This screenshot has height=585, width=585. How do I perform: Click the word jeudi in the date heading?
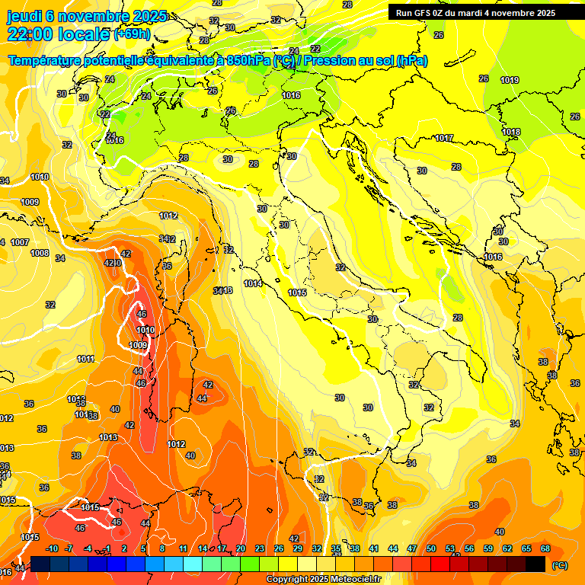click(x=26, y=16)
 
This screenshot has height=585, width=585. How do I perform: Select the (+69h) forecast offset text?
click(x=132, y=35)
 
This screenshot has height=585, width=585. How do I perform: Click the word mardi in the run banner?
click(x=471, y=13)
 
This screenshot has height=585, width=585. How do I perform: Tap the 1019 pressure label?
click(x=510, y=80)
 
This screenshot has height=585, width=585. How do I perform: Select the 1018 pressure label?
click(x=511, y=132)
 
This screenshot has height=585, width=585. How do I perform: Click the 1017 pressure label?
click(x=445, y=138)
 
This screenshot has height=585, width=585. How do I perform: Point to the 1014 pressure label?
click(x=253, y=283)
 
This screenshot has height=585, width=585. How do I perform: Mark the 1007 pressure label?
click(x=20, y=242)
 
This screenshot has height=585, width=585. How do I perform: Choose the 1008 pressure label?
click(x=40, y=253)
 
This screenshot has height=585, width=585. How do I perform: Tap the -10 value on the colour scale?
click(x=52, y=548)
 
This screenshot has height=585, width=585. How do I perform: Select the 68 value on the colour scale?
click(x=545, y=548)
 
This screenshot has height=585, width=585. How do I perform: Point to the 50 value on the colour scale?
click(x=431, y=548)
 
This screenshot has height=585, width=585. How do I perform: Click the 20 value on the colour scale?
click(x=241, y=548)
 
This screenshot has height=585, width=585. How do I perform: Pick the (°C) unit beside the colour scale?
click(x=560, y=564)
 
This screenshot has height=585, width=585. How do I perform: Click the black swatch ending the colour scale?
click(x=535, y=564)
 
